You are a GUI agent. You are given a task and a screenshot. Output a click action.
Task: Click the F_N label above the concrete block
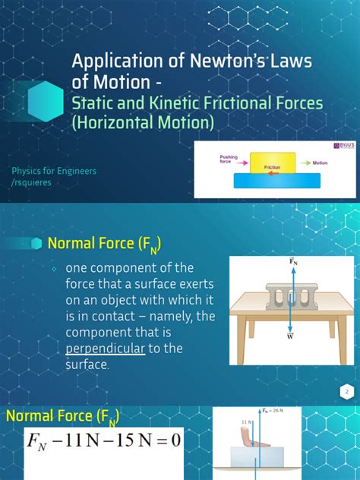(292, 262)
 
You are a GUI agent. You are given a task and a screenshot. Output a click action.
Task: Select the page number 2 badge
(346, 391)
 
